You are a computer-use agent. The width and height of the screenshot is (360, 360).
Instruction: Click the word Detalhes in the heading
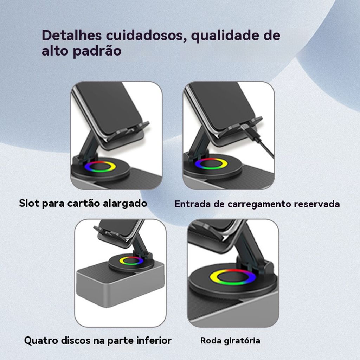click(x=72, y=35)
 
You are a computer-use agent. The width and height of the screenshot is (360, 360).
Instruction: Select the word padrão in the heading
click(x=97, y=51)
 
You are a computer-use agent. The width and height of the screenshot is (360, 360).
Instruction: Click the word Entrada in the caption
click(x=193, y=204)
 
